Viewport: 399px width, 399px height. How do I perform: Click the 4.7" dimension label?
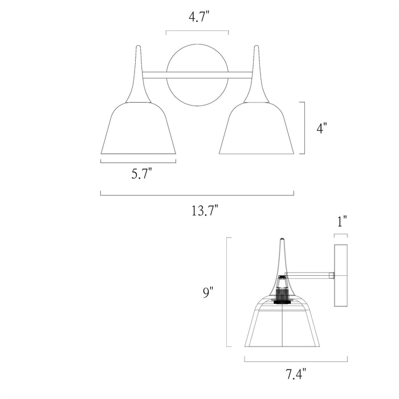(x=197, y=18)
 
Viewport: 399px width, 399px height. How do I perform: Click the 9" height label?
(x=209, y=293)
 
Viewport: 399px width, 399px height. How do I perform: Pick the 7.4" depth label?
(x=296, y=374)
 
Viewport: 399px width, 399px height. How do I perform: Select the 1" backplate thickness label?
(x=341, y=221)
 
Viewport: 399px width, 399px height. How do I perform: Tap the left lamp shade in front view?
(x=138, y=130)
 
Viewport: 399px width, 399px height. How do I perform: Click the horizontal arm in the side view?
(x=311, y=275)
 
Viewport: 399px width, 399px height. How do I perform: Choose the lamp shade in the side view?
(x=284, y=325)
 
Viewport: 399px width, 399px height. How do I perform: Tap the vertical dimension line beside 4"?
(x=304, y=128)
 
